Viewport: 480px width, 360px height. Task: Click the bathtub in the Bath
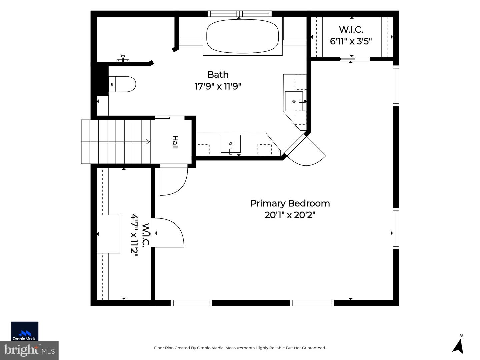pos(243,36)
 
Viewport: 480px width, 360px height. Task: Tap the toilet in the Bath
pos(122,84)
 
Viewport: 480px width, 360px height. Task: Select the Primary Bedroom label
pos(290,203)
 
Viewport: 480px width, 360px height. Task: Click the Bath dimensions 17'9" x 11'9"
pos(218,86)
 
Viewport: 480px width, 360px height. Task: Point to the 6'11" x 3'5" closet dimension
pos(351,41)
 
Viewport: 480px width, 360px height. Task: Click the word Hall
pos(175,142)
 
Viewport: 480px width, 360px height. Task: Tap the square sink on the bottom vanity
pos(231,144)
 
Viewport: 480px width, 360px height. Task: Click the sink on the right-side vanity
pos(294,101)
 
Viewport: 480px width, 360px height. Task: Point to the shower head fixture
pos(123,59)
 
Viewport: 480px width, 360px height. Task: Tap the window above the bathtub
pos(239,14)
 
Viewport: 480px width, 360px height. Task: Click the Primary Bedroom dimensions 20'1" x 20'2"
pos(290,215)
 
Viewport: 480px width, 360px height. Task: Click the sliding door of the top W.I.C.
pos(348,59)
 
